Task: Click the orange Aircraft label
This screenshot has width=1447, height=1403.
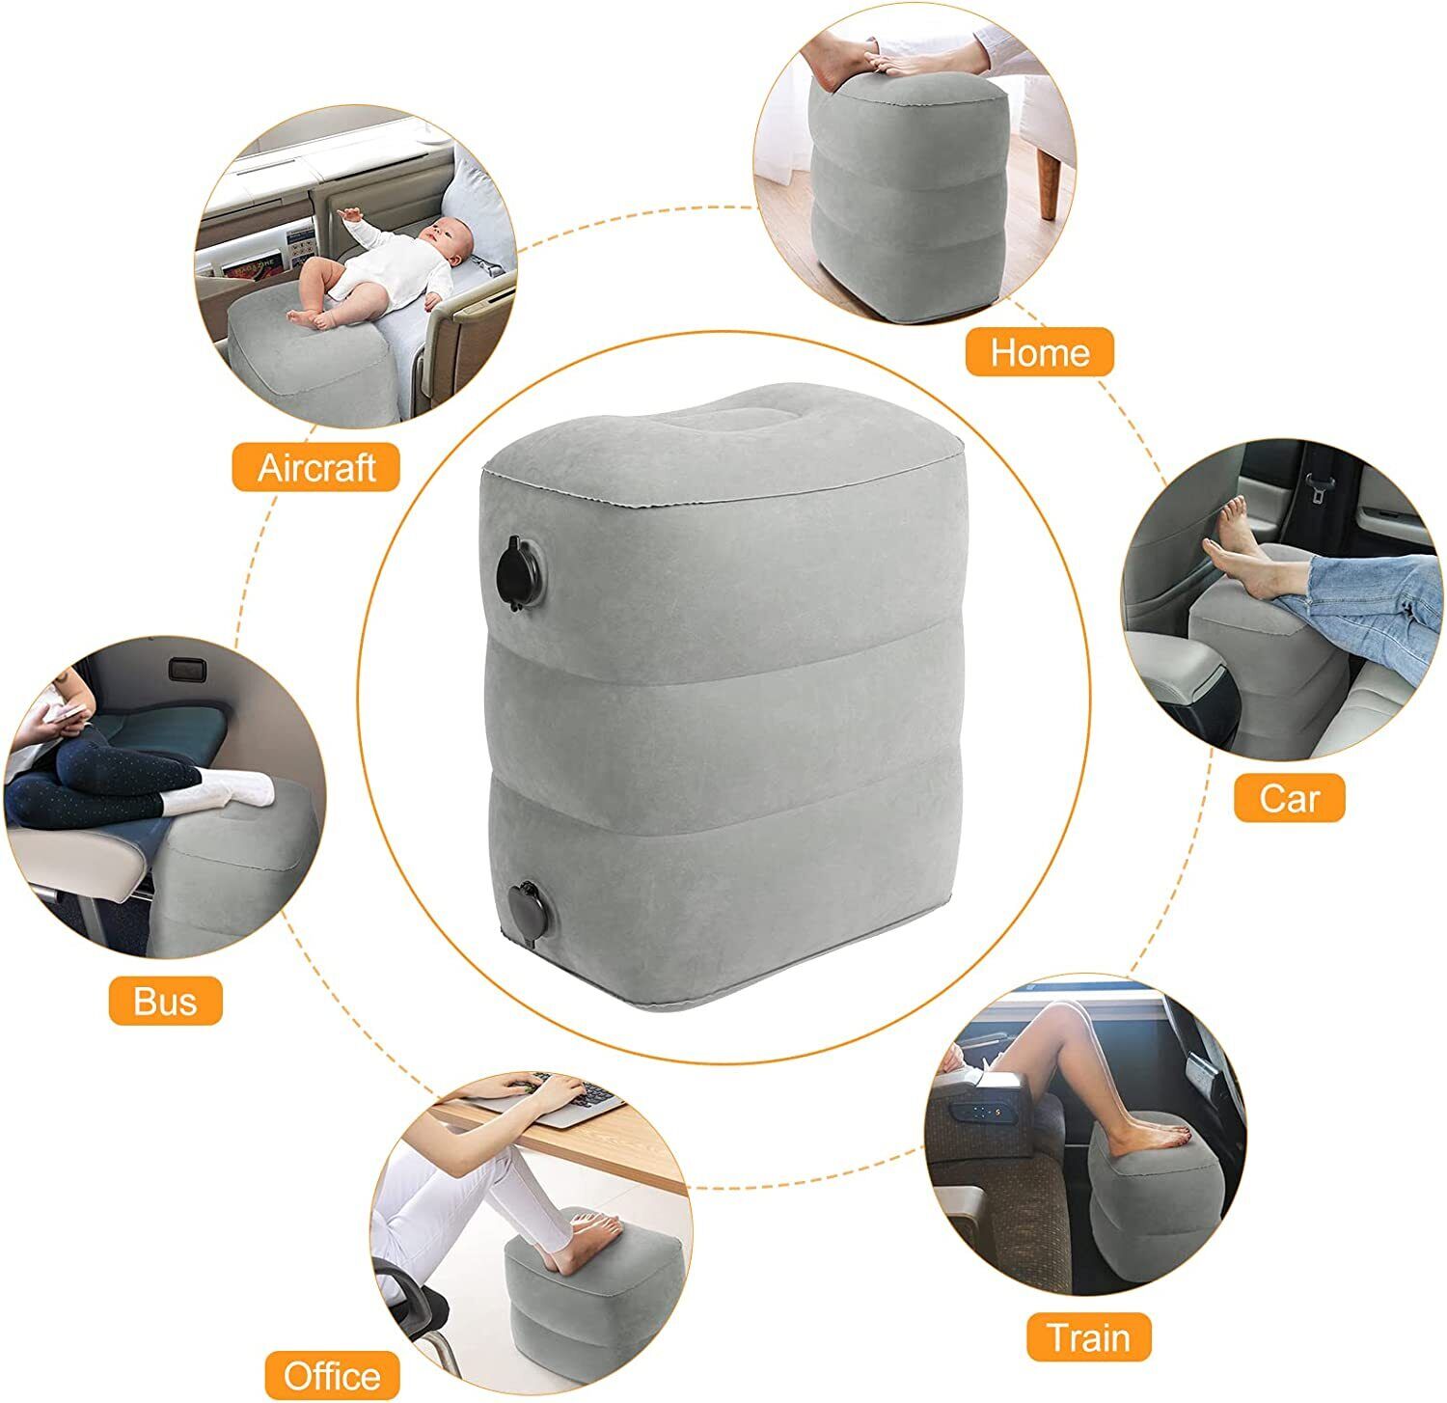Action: click(316, 467)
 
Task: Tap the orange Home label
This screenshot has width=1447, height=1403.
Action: click(1040, 351)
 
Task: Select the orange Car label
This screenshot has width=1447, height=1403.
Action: click(1289, 797)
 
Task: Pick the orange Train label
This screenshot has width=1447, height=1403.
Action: click(1088, 1337)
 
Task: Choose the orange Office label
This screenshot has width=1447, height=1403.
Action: click(332, 1374)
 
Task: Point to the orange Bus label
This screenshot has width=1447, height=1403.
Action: click(165, 1000)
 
